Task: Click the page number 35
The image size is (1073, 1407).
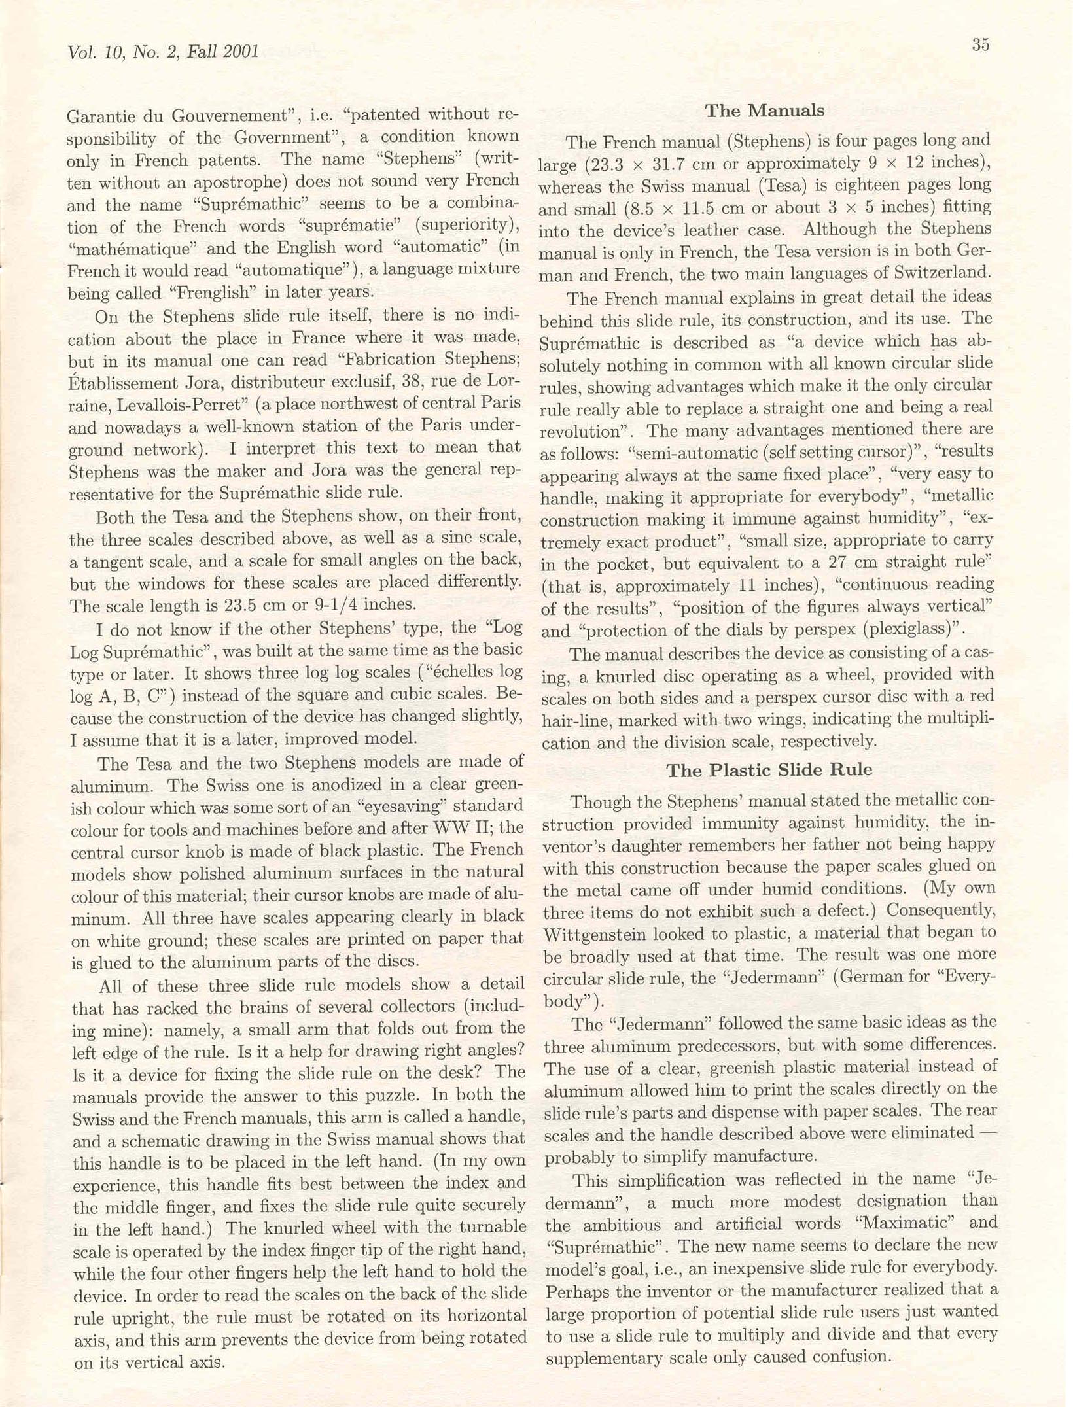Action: [980, 45]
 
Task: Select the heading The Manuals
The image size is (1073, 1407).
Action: [764, 111]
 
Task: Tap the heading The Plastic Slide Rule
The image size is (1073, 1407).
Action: [769, 770]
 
